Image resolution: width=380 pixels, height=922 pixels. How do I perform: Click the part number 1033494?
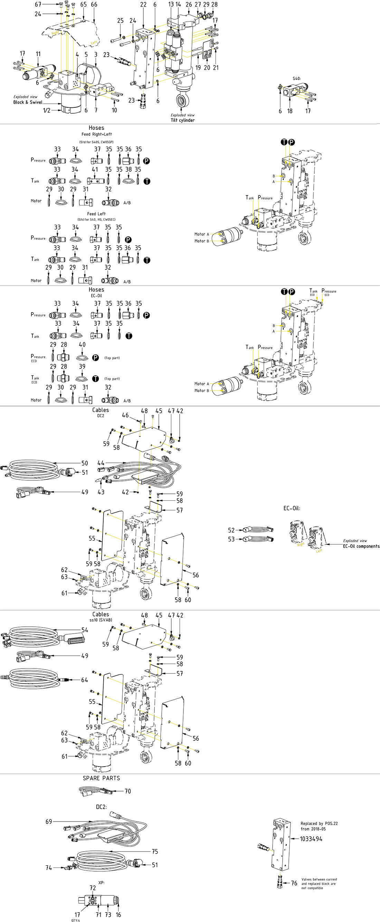click(x=311, y=838)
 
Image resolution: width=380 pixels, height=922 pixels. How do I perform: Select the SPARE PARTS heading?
click(x=101, y=778)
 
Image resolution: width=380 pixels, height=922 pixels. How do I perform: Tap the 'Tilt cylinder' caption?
click(x=182, y=120)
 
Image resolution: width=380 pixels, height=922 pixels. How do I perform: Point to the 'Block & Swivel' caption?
click(x=28, y=102)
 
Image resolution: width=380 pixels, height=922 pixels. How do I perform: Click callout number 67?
click(x=38, y=4)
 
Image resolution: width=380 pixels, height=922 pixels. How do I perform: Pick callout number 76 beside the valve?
click(x=294, y=883)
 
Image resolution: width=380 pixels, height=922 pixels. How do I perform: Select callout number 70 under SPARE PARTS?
click(x=128, y=791)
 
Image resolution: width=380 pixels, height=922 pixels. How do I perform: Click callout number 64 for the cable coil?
click(x=85, y=680)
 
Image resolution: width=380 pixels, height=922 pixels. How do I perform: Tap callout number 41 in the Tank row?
click(x=95, y=169)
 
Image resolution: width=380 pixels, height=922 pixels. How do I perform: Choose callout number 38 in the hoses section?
click(x=129, y=169)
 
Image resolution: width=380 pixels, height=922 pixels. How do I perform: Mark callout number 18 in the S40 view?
click(x=290, y=111)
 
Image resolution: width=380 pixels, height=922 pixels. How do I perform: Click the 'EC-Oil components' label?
click(x=361, y=546)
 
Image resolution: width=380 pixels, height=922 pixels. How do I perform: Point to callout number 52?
click(x=231, y=530)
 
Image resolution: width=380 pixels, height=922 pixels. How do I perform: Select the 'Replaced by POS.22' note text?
click(x=319, y=823)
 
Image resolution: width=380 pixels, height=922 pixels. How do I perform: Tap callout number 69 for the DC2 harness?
click(x=49, y=822)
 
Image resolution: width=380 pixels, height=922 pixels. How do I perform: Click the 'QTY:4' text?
click(x=76, y=920)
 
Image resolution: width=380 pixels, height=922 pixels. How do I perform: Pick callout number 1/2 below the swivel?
click(x=47, y=110)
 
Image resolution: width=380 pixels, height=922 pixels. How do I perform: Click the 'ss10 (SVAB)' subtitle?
click(x=101, y=620)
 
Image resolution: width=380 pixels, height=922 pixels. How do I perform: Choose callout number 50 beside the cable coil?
click(x=85, y=463)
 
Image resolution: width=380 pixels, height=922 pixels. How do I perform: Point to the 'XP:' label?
click(x=101, y=883)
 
